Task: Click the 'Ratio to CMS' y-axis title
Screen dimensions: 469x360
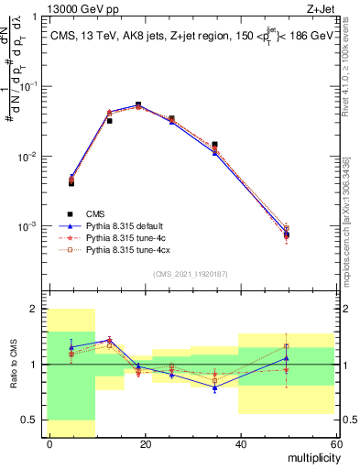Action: (x=14, y=365)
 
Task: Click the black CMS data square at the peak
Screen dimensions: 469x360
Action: (x=138, y=105)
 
